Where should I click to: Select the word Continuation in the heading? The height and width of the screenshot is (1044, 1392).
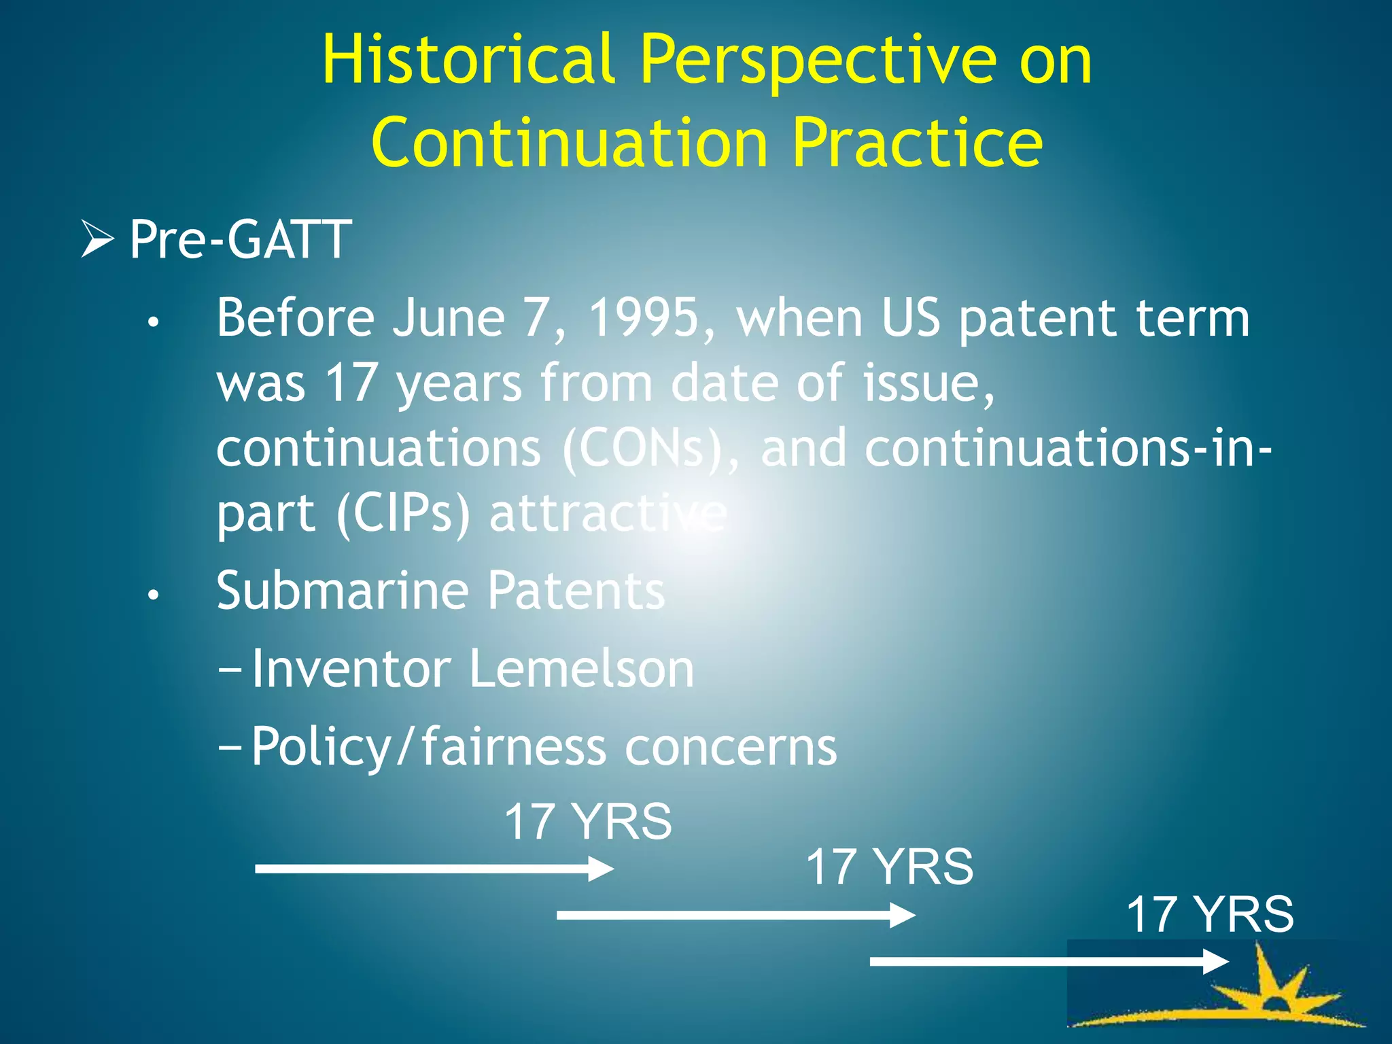point(570,143)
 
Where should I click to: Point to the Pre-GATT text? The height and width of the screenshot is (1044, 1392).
point(240,239)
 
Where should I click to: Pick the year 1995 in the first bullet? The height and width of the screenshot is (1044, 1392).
point(643,317)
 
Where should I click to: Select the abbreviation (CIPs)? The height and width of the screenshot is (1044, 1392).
point(402,513)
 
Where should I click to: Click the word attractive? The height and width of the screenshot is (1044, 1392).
point(608,513)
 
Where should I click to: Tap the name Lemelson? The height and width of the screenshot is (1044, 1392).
point(581,669)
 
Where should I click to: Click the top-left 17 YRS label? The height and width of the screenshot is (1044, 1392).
point(587,822)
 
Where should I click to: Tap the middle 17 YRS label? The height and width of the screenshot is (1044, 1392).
point(889,867)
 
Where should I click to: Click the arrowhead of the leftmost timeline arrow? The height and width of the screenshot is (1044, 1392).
point(601,869)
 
